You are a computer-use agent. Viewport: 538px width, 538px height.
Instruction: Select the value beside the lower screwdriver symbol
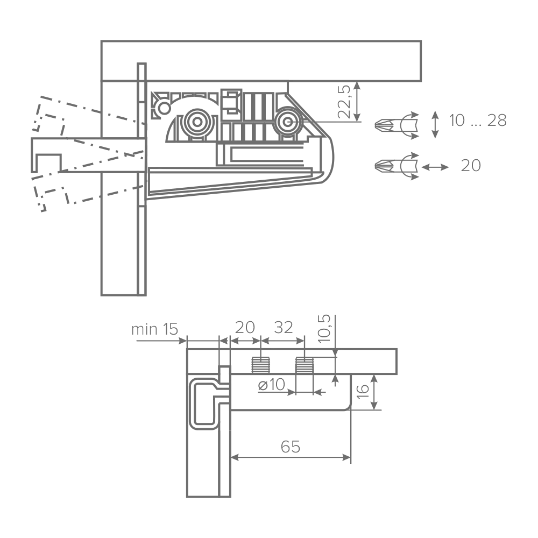coord(471,165)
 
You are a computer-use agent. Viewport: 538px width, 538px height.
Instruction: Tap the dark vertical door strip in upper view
coord(141,178)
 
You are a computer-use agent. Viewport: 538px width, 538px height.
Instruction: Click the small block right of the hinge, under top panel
coord(349,102)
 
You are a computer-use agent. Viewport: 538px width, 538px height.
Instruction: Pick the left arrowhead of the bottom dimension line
coord(236,458)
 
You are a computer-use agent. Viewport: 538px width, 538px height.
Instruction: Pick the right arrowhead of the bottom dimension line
coord(347,458)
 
